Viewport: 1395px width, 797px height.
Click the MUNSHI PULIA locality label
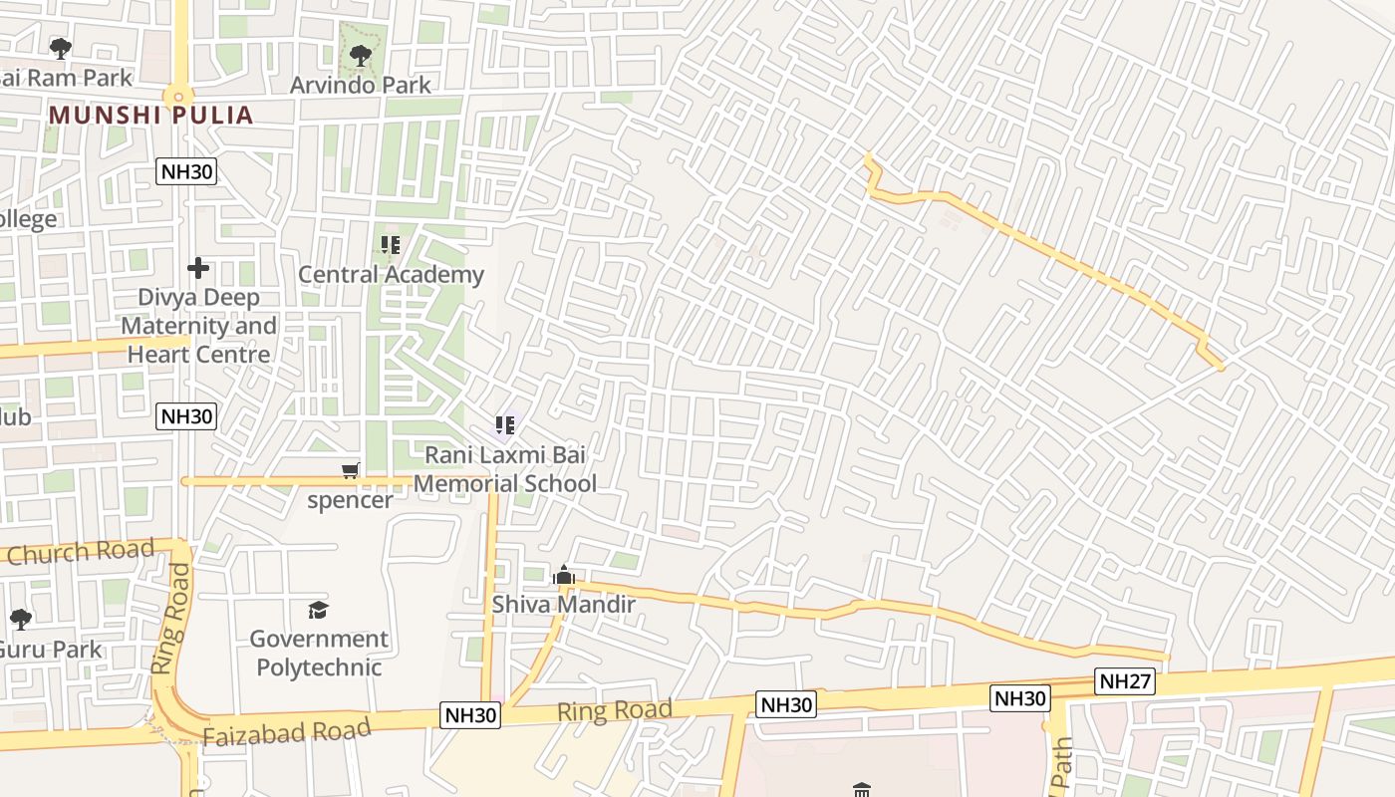150,115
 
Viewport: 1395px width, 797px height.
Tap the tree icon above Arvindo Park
361,56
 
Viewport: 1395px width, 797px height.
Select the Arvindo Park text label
361,85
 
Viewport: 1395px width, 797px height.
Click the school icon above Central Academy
391,244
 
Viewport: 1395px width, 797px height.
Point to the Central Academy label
391,274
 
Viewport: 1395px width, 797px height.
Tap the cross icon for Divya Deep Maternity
198,267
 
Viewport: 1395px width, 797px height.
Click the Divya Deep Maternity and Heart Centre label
198,326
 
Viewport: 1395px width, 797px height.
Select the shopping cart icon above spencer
350,470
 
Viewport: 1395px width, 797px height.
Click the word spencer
350,499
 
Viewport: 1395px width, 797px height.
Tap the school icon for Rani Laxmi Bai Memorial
505,426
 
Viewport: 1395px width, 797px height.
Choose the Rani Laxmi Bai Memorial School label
505,468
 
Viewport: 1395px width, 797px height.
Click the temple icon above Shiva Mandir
564,576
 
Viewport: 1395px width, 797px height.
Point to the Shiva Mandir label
564,604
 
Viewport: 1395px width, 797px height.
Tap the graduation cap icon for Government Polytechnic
318,609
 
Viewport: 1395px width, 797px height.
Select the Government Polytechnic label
318,653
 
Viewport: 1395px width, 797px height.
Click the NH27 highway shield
1125,681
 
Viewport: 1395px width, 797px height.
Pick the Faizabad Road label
286,731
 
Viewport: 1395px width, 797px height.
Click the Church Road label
81,551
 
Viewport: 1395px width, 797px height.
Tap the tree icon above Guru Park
21,620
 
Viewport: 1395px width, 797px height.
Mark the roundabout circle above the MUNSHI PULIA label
179,97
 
